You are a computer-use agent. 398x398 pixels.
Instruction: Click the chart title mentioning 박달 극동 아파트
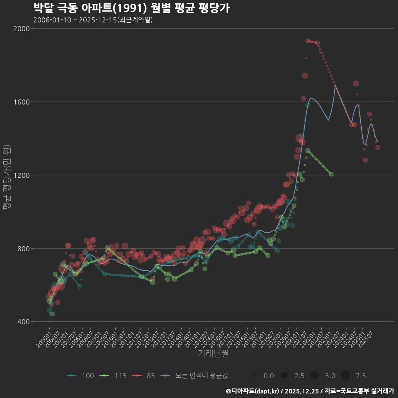point(131,8)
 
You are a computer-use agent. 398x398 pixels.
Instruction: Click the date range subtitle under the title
point(93,20)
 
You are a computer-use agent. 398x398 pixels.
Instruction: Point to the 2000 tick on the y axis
point(22,29)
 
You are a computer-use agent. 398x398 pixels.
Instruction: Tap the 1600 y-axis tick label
point(22,102)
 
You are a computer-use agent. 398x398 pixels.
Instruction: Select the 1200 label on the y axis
point(22,175)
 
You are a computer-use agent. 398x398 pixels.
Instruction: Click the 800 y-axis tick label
point(23,249)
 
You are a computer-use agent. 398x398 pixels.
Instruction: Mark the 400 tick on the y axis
point(23,322)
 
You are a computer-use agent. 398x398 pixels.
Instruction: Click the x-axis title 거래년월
point(213,354)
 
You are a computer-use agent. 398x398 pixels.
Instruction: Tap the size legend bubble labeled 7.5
point(345,376)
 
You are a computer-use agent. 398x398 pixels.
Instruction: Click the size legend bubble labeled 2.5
point(284,376)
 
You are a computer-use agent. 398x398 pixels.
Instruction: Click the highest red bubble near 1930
point(308,41)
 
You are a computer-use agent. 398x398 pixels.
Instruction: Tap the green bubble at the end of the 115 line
point(331,174)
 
